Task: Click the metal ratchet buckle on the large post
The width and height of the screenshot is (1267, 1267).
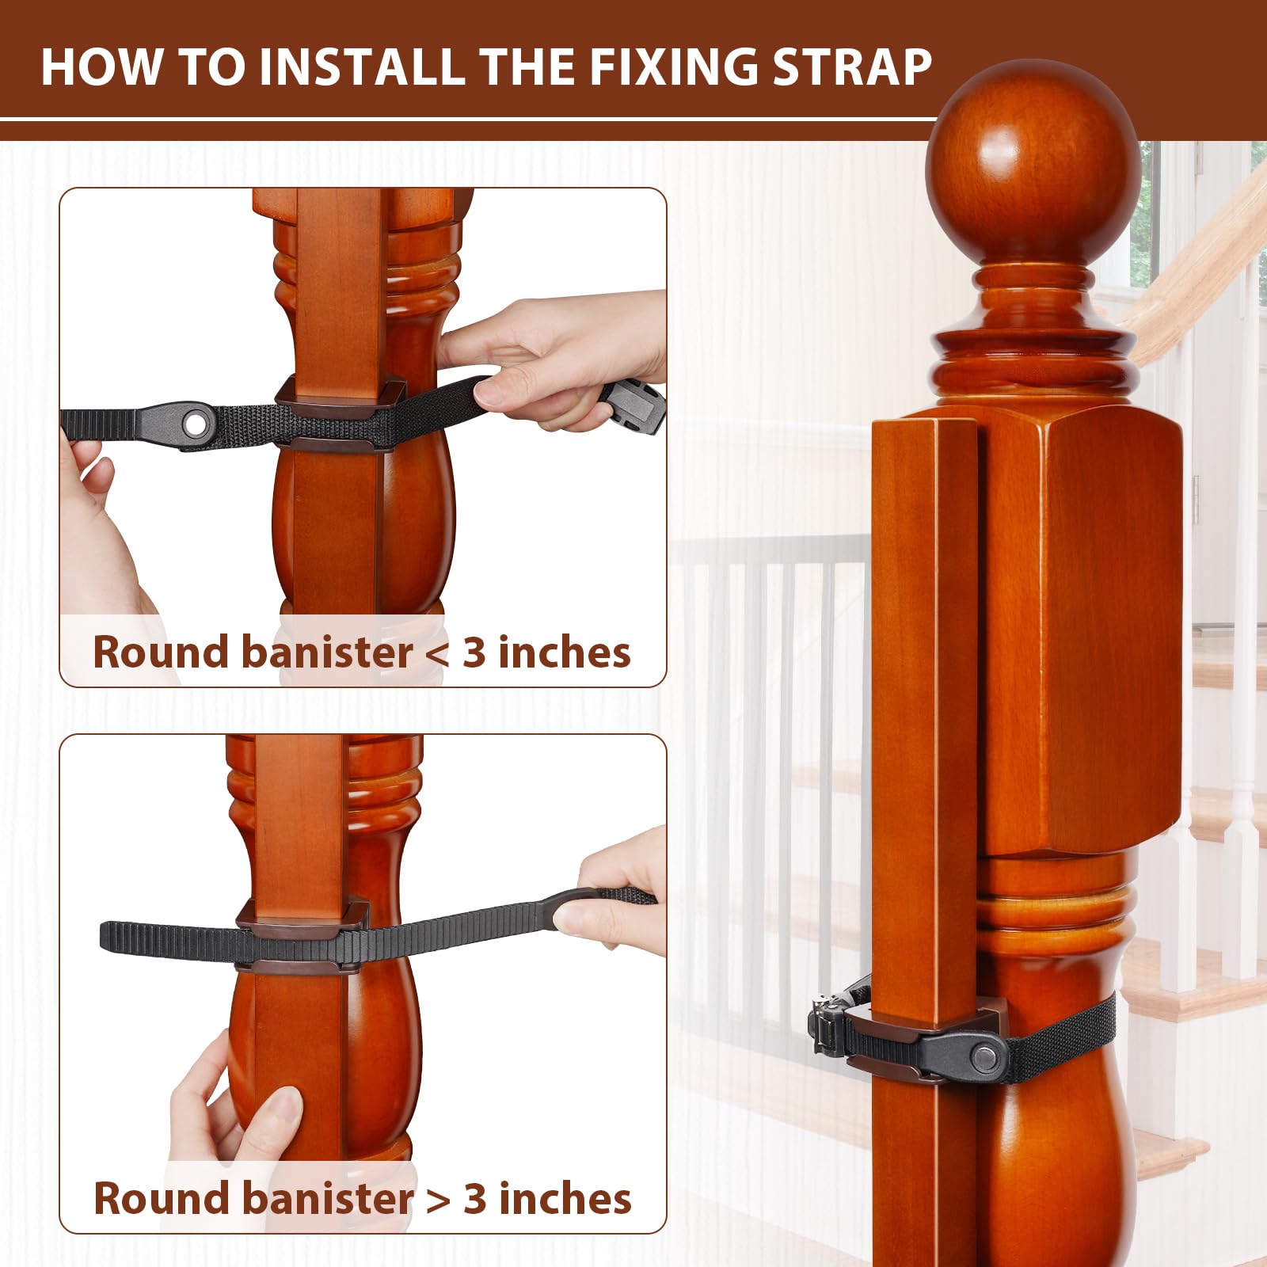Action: click(x=828, y=1026)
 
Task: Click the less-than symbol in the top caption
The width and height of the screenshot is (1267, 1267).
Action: click(x=436, y=653)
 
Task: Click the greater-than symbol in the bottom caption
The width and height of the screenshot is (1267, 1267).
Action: click(x=438, y=1200)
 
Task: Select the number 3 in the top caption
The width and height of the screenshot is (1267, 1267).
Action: click(x=474, y=653)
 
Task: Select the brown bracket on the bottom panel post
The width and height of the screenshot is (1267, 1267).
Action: click(x=301, y=919)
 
